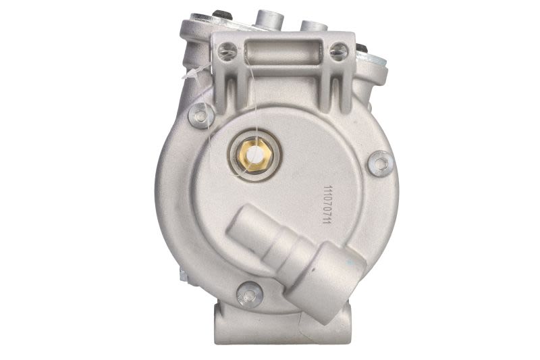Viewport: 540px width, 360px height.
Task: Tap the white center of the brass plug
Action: point(256,155)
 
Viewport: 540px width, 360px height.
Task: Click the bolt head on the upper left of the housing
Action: point(200,115)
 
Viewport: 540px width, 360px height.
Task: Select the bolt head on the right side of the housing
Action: point(381,163)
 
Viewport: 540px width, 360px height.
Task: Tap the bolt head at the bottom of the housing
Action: point(250,294)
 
